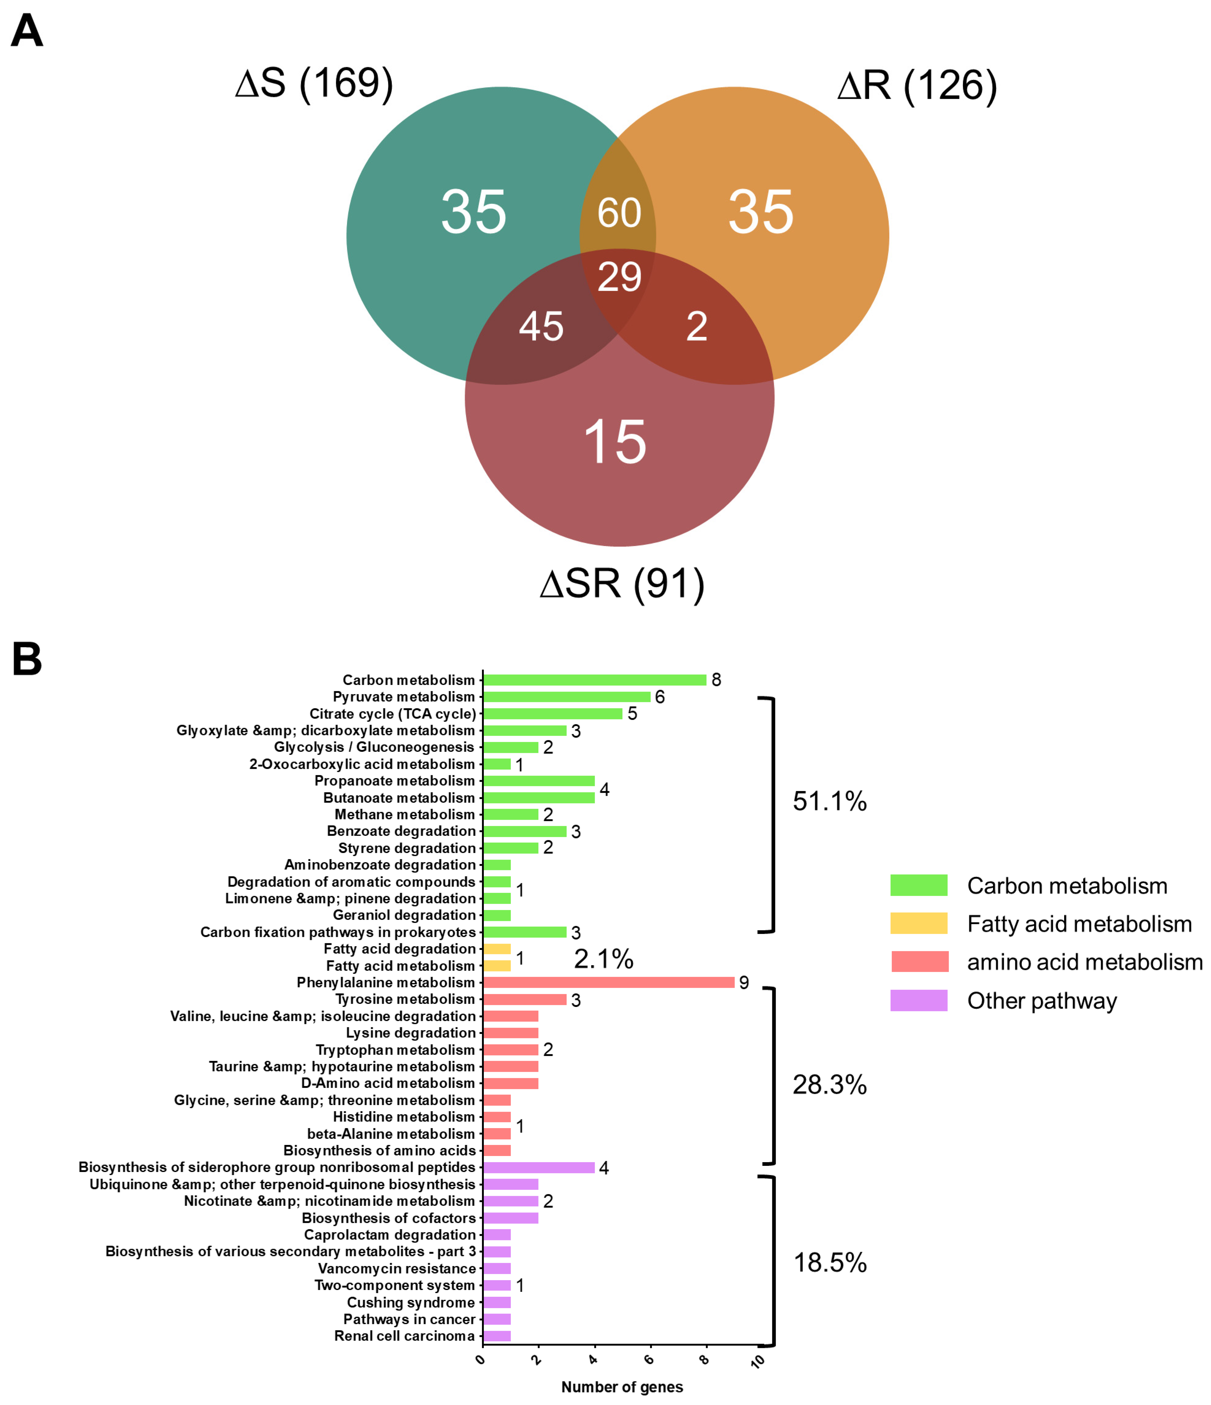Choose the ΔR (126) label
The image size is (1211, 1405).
917,86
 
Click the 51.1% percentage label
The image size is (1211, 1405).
829,802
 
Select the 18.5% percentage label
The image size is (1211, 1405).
829,1263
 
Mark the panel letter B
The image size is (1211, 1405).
27,659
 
